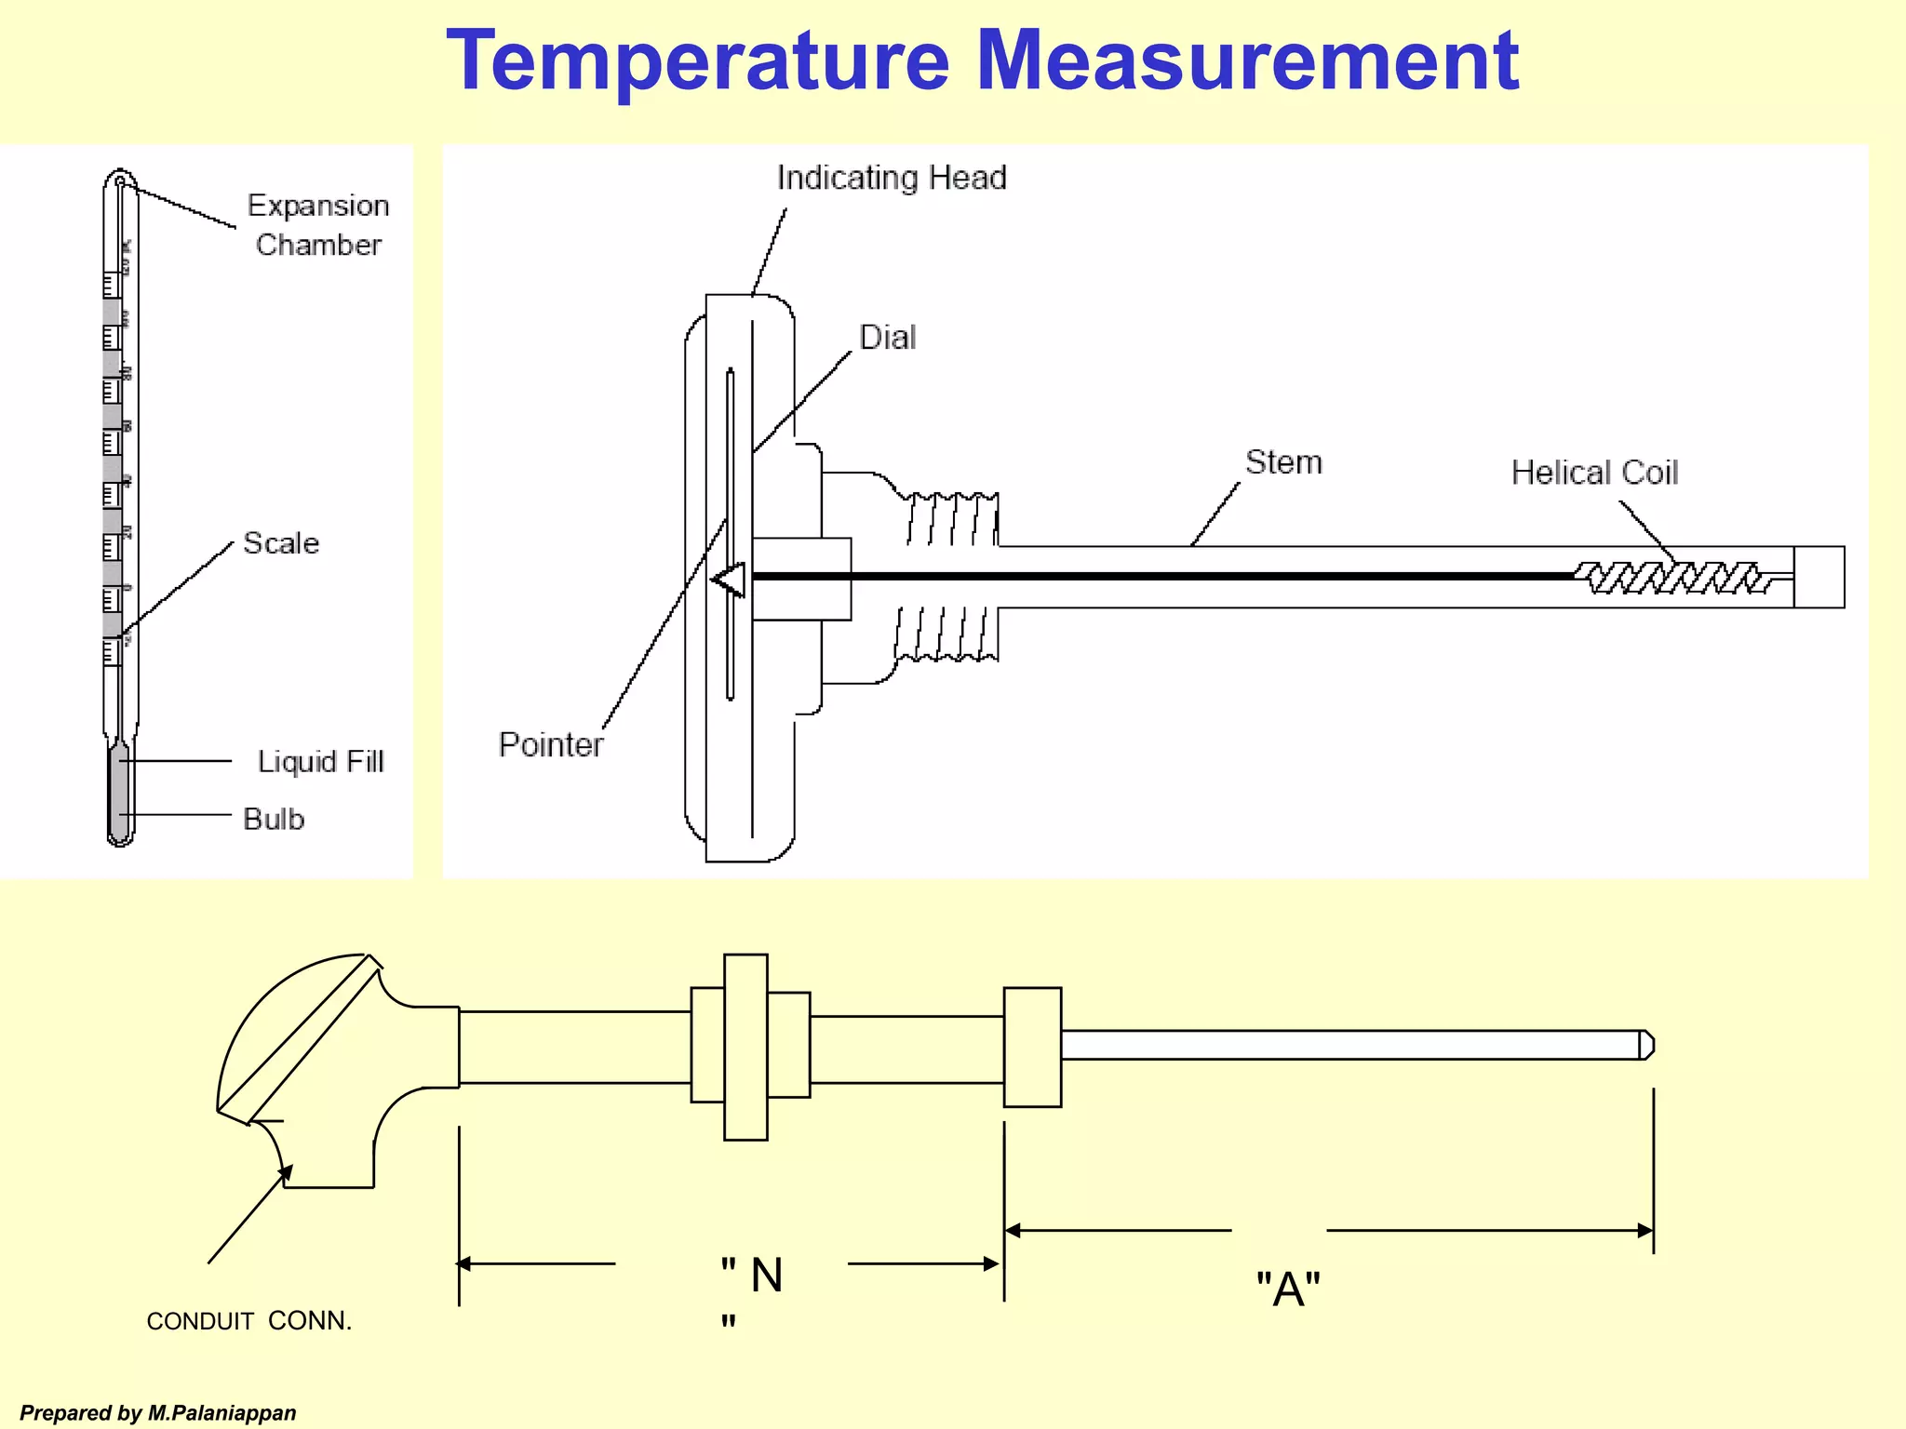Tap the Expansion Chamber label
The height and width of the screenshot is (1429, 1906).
tap(318, 225)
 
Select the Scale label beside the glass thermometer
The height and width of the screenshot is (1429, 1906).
tap(281, 543)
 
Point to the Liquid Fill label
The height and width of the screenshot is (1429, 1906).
tap(320, 762)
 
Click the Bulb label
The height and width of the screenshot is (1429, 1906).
tap(274, 820)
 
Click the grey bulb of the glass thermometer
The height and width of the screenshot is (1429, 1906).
tap(120, 791)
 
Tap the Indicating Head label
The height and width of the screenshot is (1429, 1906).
tap(892, 178)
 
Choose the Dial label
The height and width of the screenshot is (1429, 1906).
tap(887, 338)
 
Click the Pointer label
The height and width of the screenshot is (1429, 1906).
tap(551, 745)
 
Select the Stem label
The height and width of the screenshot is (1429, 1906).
tap(1283, 462)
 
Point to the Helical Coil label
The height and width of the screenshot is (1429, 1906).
tap(1594, 473)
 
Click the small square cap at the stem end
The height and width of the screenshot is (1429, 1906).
tap(1819, 577)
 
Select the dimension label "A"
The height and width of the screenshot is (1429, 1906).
tap(1288, 1289)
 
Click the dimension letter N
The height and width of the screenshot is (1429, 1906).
tap(766, 1275)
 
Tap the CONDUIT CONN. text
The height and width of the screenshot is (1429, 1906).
tap(249, 1321)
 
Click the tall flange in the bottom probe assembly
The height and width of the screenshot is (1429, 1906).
tap(745, 1047)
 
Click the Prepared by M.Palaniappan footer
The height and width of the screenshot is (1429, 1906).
tap(158, 1413)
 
